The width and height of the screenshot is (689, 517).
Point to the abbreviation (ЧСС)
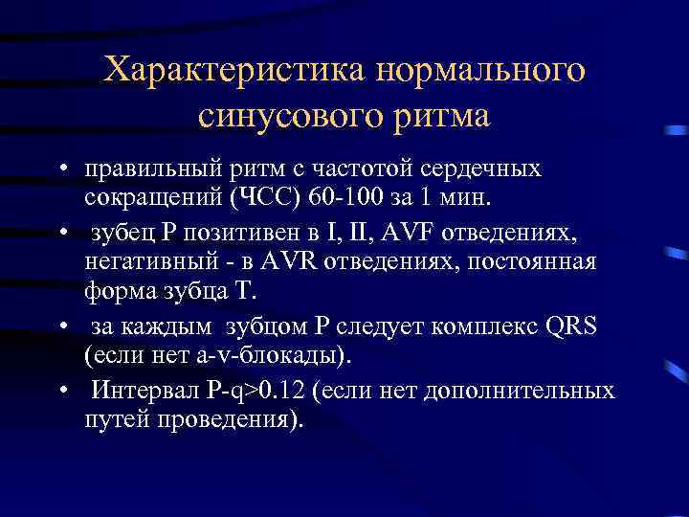point(258,200)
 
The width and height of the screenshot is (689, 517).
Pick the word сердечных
point(486,169)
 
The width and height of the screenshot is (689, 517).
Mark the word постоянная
point(537,262)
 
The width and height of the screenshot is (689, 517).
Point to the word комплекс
point(485,325)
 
